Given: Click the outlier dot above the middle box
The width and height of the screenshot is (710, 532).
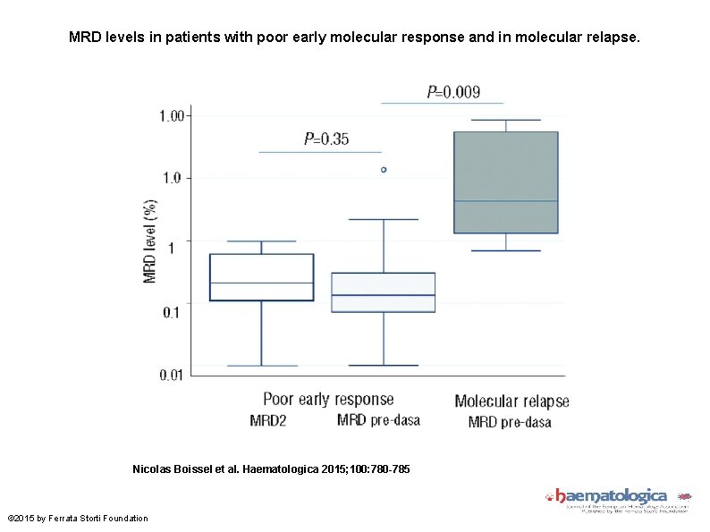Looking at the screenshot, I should pos(384,169).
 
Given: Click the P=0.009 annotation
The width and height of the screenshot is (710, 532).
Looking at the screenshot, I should pos(452,91).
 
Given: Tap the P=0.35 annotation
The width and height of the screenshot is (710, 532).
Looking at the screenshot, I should pos(326,139).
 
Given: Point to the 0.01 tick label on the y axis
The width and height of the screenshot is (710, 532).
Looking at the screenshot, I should pos(172,375).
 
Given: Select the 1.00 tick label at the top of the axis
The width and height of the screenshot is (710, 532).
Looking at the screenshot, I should pos(172,115).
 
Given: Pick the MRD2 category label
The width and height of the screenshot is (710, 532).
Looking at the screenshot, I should pos(267,421).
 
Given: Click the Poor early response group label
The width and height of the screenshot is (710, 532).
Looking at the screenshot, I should pos(327,399).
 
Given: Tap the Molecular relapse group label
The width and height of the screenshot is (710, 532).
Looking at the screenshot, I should pos(511,401).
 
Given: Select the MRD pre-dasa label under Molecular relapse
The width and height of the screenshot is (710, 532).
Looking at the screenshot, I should pos(510,422).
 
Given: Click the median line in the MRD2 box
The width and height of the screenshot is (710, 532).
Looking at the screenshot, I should pos(261,283).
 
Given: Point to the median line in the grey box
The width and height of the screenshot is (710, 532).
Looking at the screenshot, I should pos(505,201).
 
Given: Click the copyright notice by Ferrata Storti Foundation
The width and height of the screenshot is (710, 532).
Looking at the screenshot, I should pos(78,519).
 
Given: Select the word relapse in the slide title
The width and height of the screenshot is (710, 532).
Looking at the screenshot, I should pos(614,39).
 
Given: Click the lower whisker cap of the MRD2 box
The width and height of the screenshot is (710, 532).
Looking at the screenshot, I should pos(261,366).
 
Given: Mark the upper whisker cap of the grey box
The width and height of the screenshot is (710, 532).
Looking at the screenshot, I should pos(505,120).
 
